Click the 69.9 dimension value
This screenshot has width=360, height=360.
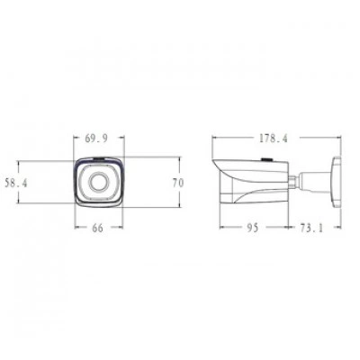click(96, 139)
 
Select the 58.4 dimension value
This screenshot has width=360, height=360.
click(16, 183)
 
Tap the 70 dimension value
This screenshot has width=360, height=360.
click(178, 183)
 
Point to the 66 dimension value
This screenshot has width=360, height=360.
click(97, 228)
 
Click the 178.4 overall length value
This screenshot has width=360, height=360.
click(274, 139)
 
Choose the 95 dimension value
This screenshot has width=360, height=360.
click(252, 228)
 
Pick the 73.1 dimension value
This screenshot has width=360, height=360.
click(311, 228)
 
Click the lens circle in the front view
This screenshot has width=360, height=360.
click(98, 181)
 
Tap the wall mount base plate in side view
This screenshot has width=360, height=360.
click(336, 182)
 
